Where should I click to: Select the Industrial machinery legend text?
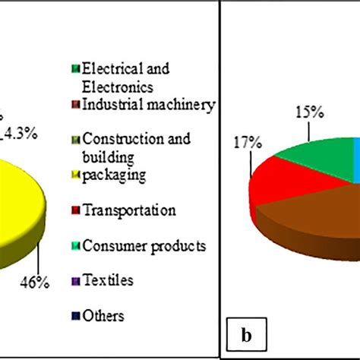pos(149,105)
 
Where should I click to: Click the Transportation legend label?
pos(131,210)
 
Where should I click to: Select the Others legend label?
pos(106,315)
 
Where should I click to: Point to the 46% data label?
pos(35,283)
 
